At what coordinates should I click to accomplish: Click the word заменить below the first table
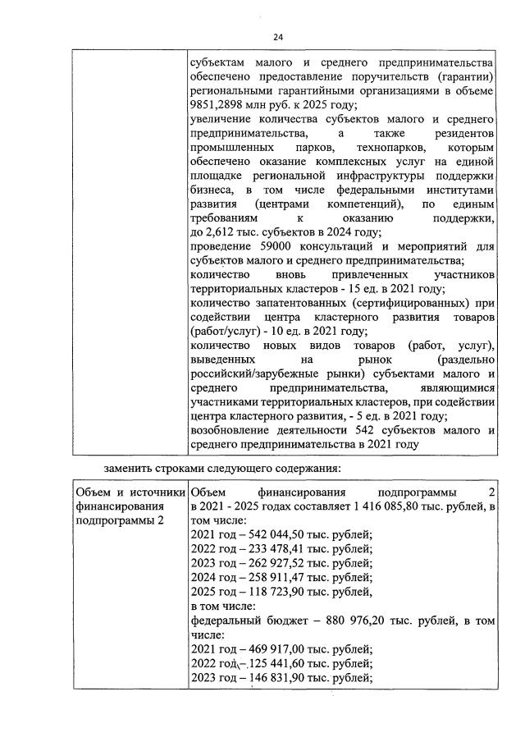click(x=130, y=469)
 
